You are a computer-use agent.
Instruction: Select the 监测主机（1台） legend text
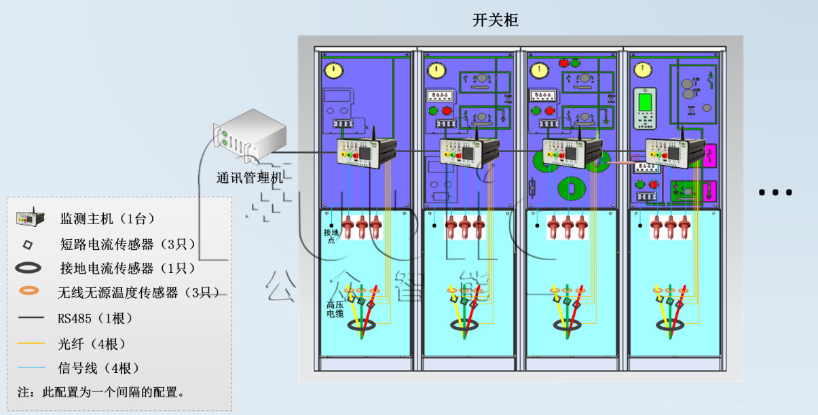(108, 219)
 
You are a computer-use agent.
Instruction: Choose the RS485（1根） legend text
(95, 318)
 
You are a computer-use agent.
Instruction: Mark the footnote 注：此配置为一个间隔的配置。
(100, 392)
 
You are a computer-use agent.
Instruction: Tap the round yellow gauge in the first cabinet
(333, 70)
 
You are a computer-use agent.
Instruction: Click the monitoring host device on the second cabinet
(469, 152)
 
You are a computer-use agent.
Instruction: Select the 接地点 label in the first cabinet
(331, 236)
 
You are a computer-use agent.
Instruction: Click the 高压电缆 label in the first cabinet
(335, 309)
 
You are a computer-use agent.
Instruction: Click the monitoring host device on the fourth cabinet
(675, 152)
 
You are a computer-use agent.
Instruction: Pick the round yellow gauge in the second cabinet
(436, 70)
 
